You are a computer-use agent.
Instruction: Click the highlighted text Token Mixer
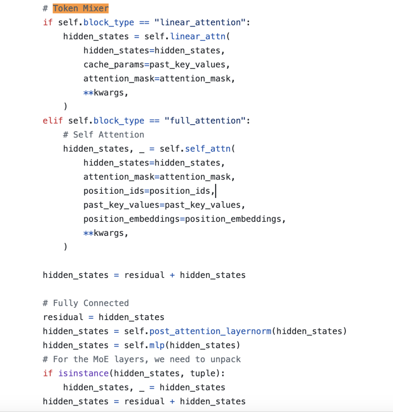click(81, 9)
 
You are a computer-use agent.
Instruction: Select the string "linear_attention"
click(200, 22)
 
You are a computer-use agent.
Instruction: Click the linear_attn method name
click(198, 36)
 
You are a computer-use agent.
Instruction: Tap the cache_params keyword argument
click(114, 65)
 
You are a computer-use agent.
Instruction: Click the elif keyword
click(53, 121)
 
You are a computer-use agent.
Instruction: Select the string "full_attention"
click(205, 121)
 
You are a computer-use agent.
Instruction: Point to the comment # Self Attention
click(104, 135)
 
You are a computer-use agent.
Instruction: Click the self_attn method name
click(208, 149)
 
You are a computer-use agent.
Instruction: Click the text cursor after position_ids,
click(216, 191)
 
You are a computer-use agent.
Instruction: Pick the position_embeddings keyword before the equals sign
click(132, 219)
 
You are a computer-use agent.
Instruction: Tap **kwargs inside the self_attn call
click(106, 233)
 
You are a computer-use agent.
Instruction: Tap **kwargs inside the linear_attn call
click(106, 93)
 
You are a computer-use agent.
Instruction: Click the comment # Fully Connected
click(86, 303)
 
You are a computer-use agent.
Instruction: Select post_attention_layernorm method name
click(210, 331)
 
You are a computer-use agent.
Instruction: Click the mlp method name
click(157, 345)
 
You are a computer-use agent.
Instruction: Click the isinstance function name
click(84, 374)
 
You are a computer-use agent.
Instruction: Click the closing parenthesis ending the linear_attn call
click(65, 106)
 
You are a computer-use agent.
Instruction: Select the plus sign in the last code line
click(172, 401)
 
